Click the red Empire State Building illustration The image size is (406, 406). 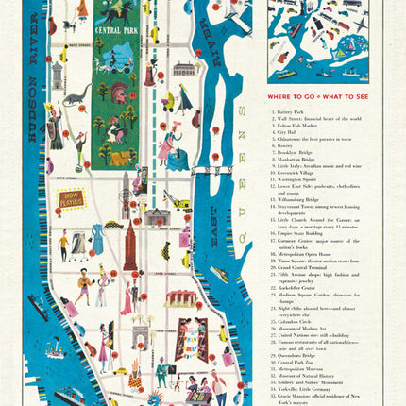point(130,247)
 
